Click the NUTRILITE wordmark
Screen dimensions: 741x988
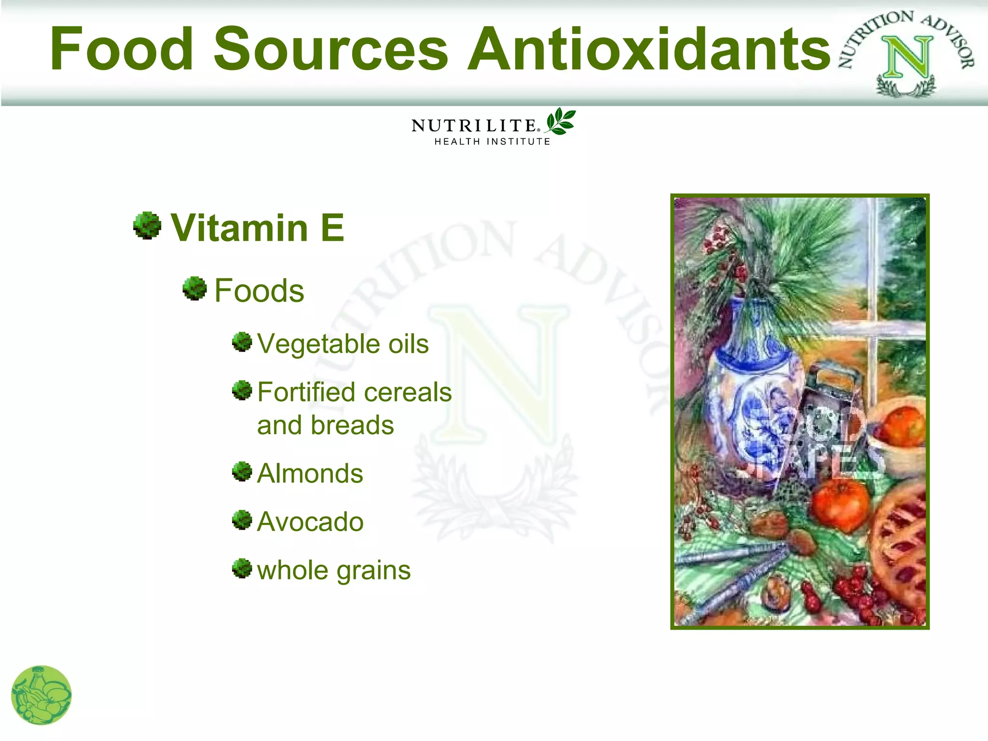(474, 126)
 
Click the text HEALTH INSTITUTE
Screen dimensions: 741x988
(492, 142)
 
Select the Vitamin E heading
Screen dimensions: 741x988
(258, 228)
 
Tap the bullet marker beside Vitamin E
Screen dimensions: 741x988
(147, 225)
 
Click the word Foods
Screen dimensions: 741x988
(259, 291)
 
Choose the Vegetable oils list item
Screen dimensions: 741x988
(343, 344)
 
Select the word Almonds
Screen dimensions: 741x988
(310, 473)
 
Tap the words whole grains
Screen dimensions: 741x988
(334, 570)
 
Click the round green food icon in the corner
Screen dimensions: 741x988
(41, 695)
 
